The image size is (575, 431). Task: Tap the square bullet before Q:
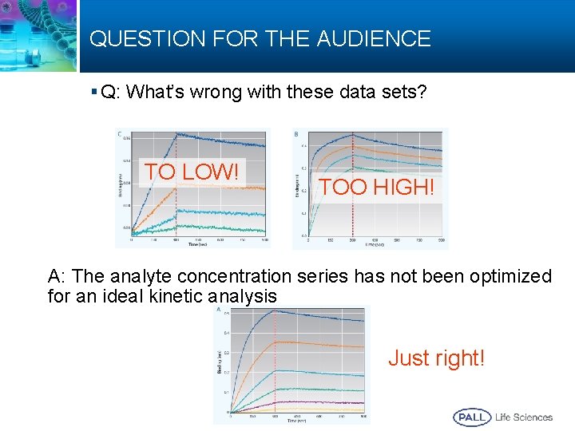coord(94,93)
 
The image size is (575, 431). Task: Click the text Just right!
coord(436,358)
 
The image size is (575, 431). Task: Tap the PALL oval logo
coord(472,417)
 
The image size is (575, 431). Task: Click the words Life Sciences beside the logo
coord(524,417)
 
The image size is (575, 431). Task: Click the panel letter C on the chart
coord(120,133)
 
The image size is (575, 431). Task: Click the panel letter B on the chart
coord(297,133)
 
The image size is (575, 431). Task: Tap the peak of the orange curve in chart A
coord(275,342)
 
